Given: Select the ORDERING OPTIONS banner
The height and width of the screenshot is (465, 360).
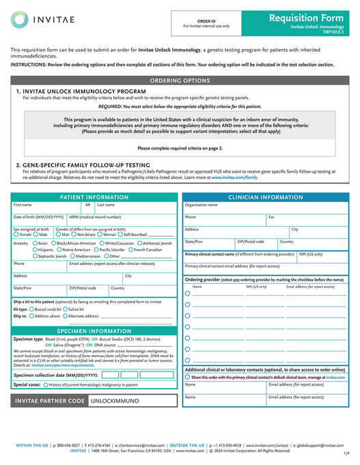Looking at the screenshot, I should (180, 80).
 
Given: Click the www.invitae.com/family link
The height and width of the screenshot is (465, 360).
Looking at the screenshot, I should (234, 176).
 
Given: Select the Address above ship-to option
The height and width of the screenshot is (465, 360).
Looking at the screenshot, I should (31, 316).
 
